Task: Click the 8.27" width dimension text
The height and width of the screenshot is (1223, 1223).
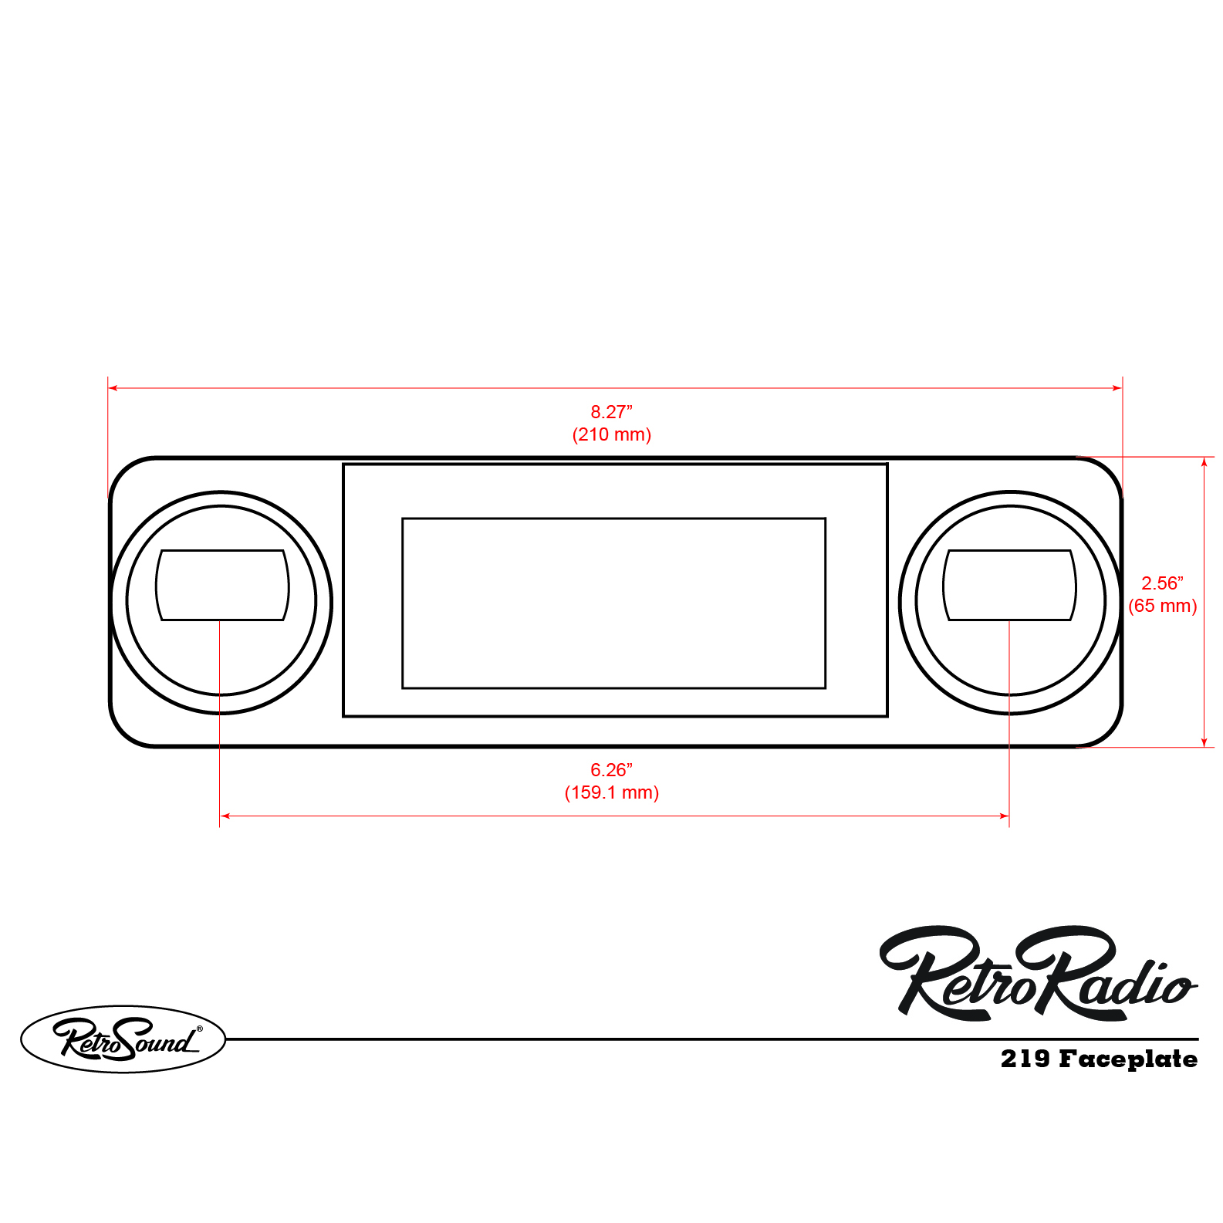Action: [611, 412]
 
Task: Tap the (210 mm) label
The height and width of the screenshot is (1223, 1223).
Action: [611, 434]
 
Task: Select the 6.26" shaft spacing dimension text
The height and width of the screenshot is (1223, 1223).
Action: [611, 770]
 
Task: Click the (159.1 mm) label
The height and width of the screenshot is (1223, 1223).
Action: [611, 792]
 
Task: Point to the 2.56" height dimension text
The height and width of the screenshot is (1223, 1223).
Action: [1162, 583]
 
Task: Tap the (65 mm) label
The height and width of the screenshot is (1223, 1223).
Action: [1162, 606]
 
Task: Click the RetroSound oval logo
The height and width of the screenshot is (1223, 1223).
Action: [123, 1039]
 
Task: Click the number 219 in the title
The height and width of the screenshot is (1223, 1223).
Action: [1025, 1059]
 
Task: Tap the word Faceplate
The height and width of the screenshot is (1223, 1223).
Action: [1127, 1059]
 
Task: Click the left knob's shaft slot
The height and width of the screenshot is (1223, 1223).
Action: [222, 585]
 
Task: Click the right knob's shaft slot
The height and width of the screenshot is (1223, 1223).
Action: [1009, 585]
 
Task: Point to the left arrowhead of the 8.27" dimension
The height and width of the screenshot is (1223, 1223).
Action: [113, 388]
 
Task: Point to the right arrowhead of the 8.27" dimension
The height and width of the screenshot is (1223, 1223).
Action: [1117, 388]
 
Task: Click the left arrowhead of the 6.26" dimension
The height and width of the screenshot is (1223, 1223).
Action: [225, 816]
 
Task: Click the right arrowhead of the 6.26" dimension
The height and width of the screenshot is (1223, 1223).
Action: [1005, 816]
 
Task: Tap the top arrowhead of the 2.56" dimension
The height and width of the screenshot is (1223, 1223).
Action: [1204, 461]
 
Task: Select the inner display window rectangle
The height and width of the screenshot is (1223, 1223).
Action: [613, 603]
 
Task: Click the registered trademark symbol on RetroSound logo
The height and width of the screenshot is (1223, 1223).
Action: [199, 1028]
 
